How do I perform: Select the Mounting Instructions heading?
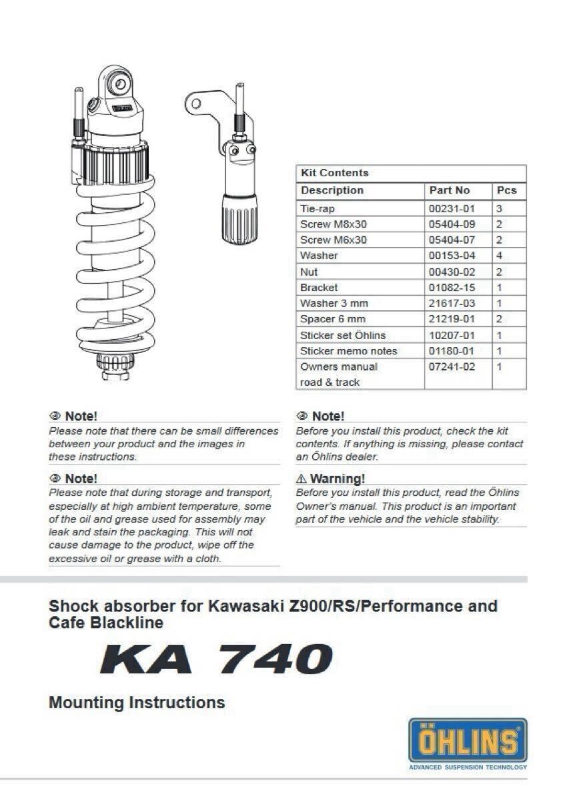[x=137, y=702]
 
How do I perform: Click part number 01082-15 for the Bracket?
[x=452, y=288]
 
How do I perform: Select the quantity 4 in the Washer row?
[x=500, y=256]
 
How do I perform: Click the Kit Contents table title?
[x=334, y=173]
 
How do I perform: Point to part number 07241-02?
[x=452, y=366]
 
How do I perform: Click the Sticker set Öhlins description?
[x=342, y=335]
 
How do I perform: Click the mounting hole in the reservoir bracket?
[x=195, y=103]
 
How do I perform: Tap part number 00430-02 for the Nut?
[x=452, y=272]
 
